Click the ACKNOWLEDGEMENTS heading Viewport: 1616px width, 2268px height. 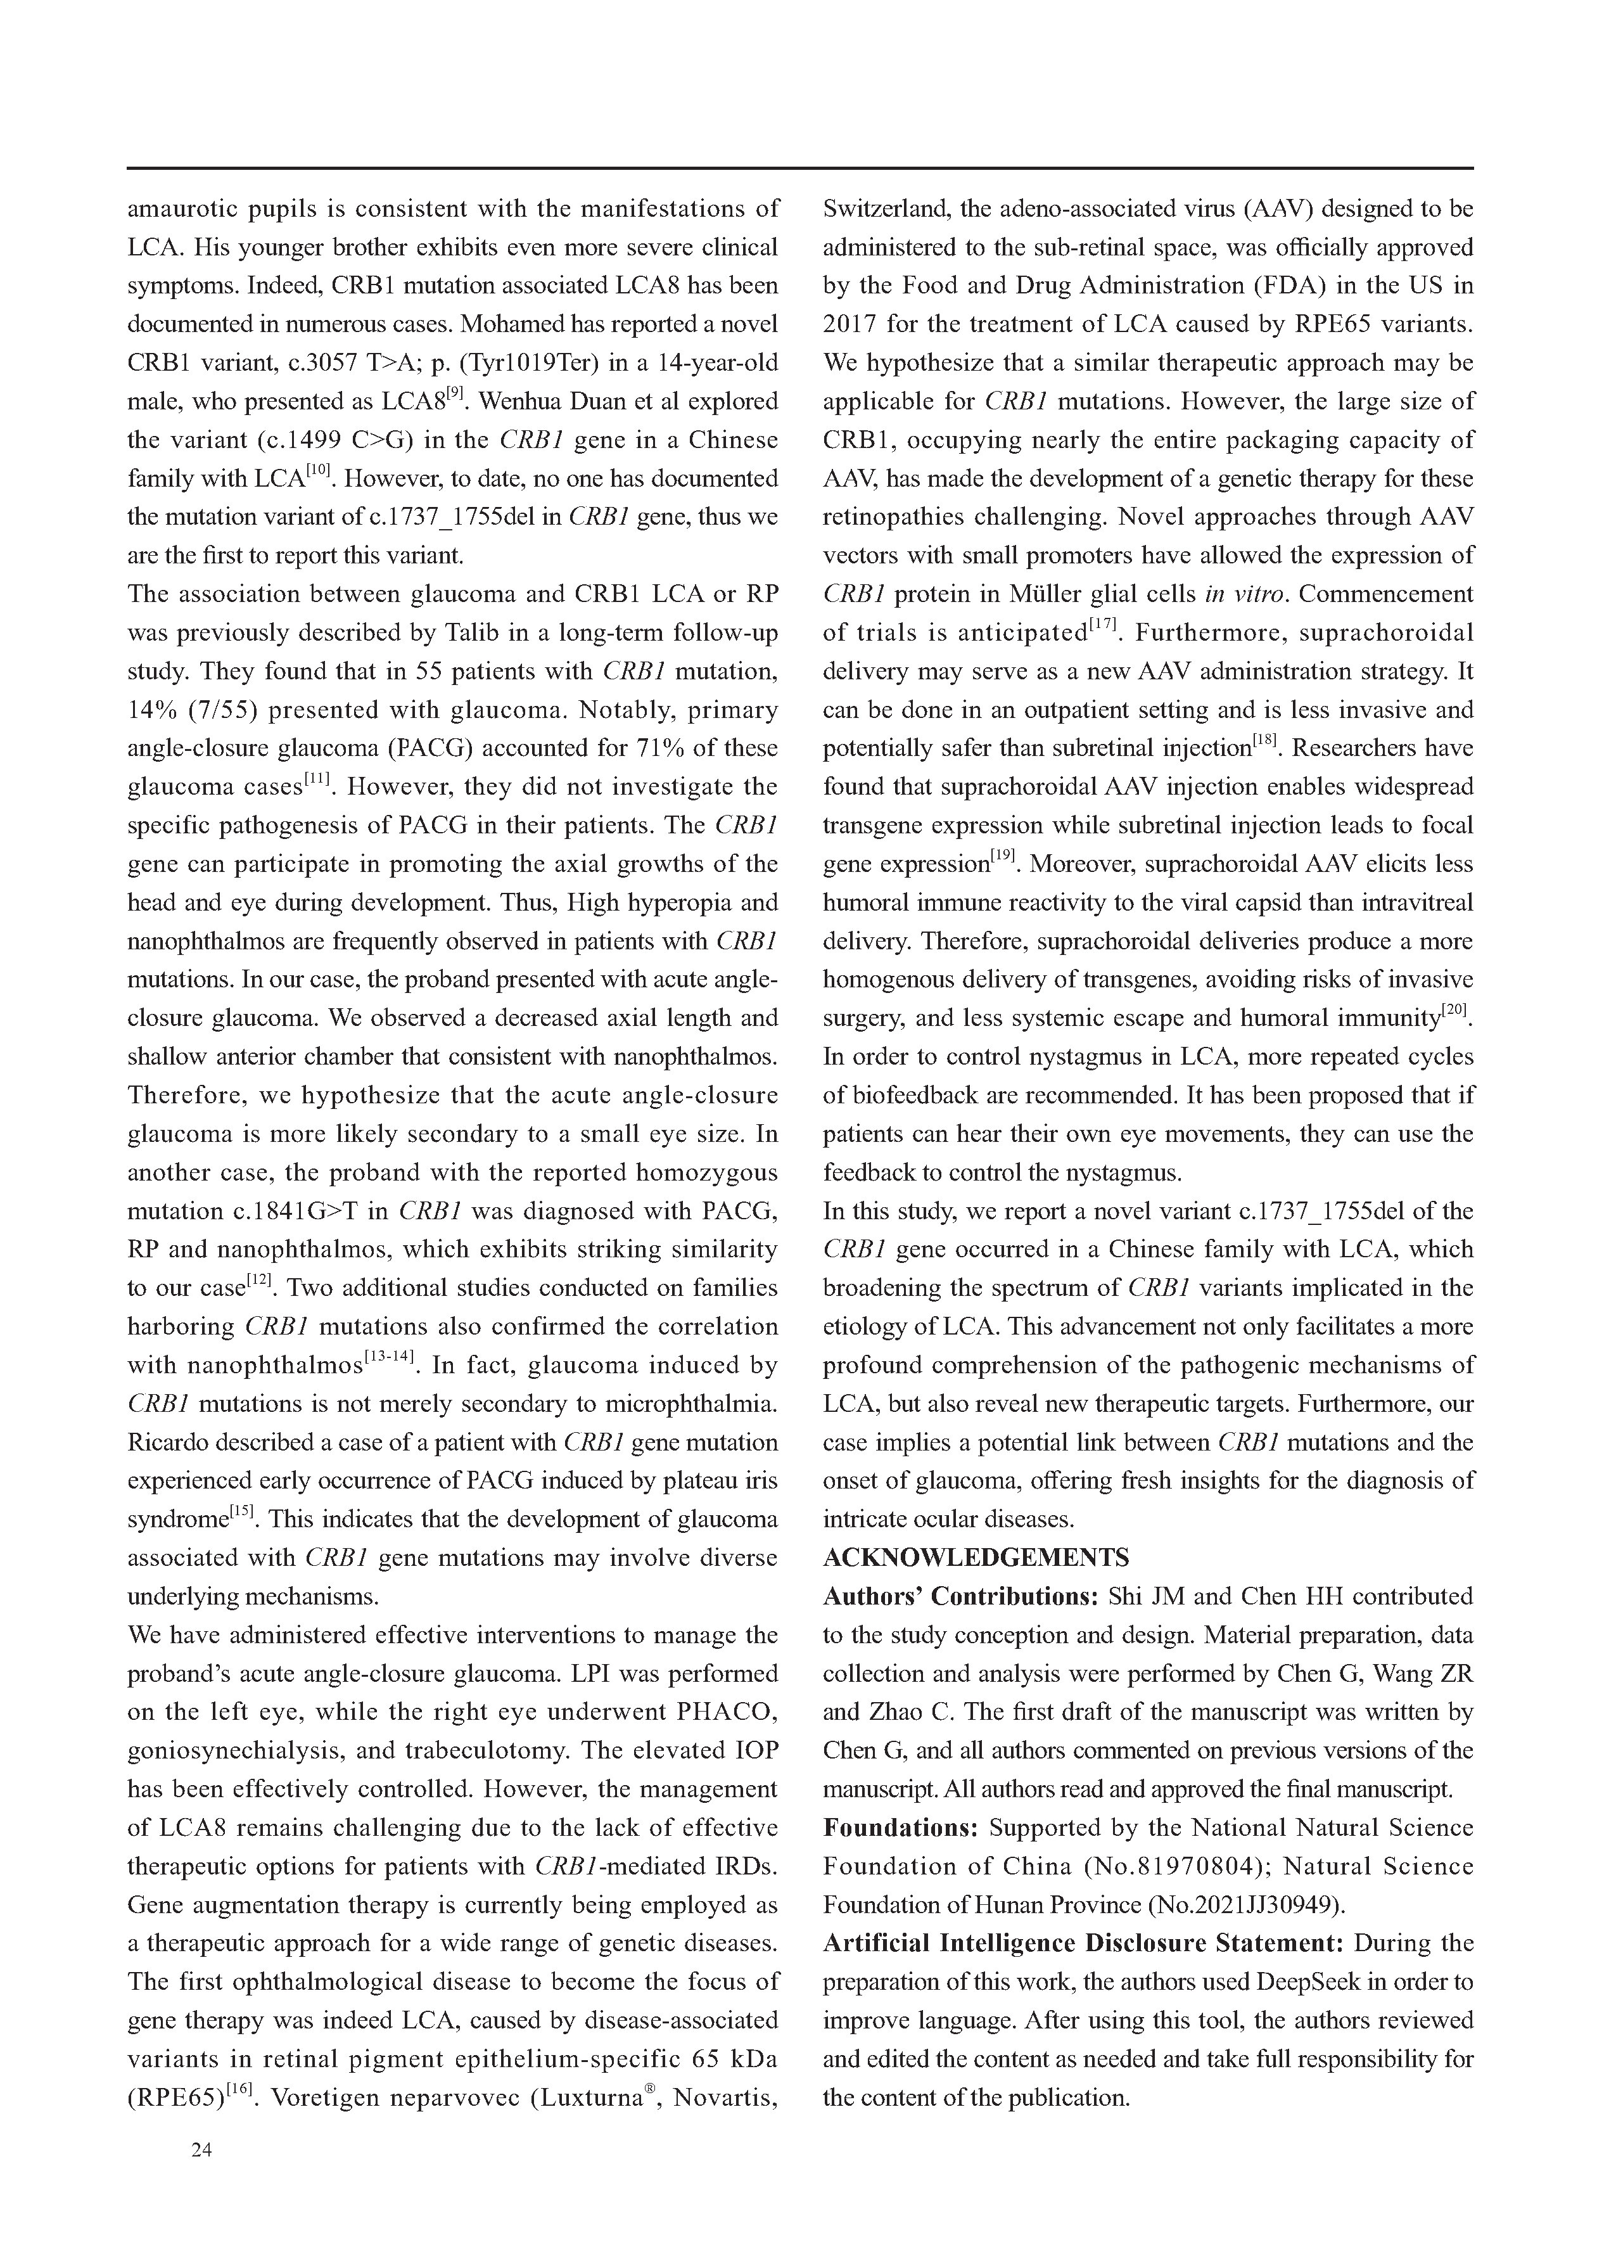point(975,1558)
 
